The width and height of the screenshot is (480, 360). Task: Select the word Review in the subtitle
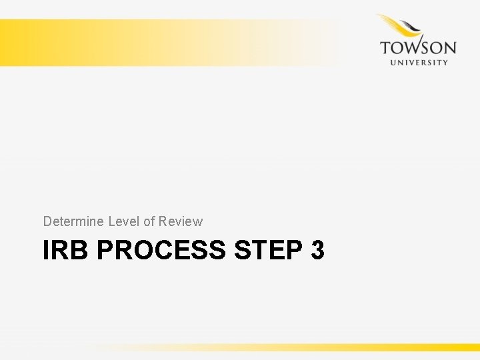[x=180, y=221]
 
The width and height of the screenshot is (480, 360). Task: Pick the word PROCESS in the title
[x=162, y=251]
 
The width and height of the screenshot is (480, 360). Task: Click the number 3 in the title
[x=317, y=251]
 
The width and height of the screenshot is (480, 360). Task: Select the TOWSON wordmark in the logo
[x=418, y=48]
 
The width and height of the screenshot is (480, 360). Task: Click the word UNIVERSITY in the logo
[x=418, y=62]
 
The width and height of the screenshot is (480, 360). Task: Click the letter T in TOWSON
[x=385, y=48]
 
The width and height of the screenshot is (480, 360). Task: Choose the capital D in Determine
[x=47, y=221]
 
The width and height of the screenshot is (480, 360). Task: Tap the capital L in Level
[x=111, y=221]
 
